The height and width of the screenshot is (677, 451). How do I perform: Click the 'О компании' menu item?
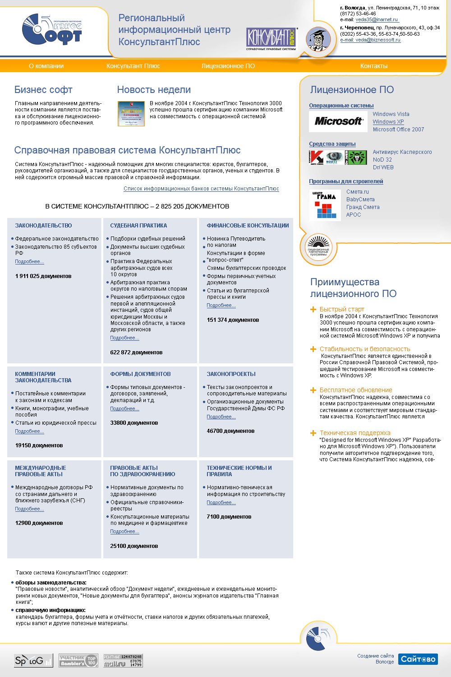pos(46,66)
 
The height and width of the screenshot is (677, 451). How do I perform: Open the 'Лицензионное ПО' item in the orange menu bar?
pos(228,66)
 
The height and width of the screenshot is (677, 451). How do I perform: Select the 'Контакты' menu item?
pos(374,66)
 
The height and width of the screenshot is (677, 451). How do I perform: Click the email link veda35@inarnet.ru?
pos(377,20)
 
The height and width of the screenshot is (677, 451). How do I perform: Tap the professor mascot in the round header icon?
pos(318,39)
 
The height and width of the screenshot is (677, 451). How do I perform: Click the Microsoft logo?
pos(338,121)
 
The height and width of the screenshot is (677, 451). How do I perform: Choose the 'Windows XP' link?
pos(388,122)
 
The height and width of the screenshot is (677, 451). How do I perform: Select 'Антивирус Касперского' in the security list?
pos(402,152)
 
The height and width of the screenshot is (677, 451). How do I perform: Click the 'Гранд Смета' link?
pos(363,207)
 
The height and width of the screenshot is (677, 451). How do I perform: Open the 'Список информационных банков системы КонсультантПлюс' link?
pos(201,189)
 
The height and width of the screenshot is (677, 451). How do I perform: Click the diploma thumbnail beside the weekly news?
pos(131,113)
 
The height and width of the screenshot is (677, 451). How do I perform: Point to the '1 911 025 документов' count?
pos(43,276)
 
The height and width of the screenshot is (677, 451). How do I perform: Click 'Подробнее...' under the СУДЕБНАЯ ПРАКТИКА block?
pos(124,338)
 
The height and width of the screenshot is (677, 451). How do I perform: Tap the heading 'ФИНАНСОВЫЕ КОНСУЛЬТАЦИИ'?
pos(248,226)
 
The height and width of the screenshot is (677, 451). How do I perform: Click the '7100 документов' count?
pos(229,517)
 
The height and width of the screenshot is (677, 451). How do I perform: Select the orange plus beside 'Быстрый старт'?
pos(313,309)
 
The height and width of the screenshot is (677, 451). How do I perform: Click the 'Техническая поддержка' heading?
pos(355,433)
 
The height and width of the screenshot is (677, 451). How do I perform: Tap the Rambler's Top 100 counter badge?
pos(78,661)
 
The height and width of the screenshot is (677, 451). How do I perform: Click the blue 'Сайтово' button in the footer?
pos(418,659)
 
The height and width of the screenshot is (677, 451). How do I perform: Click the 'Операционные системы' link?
pos(341,106)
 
